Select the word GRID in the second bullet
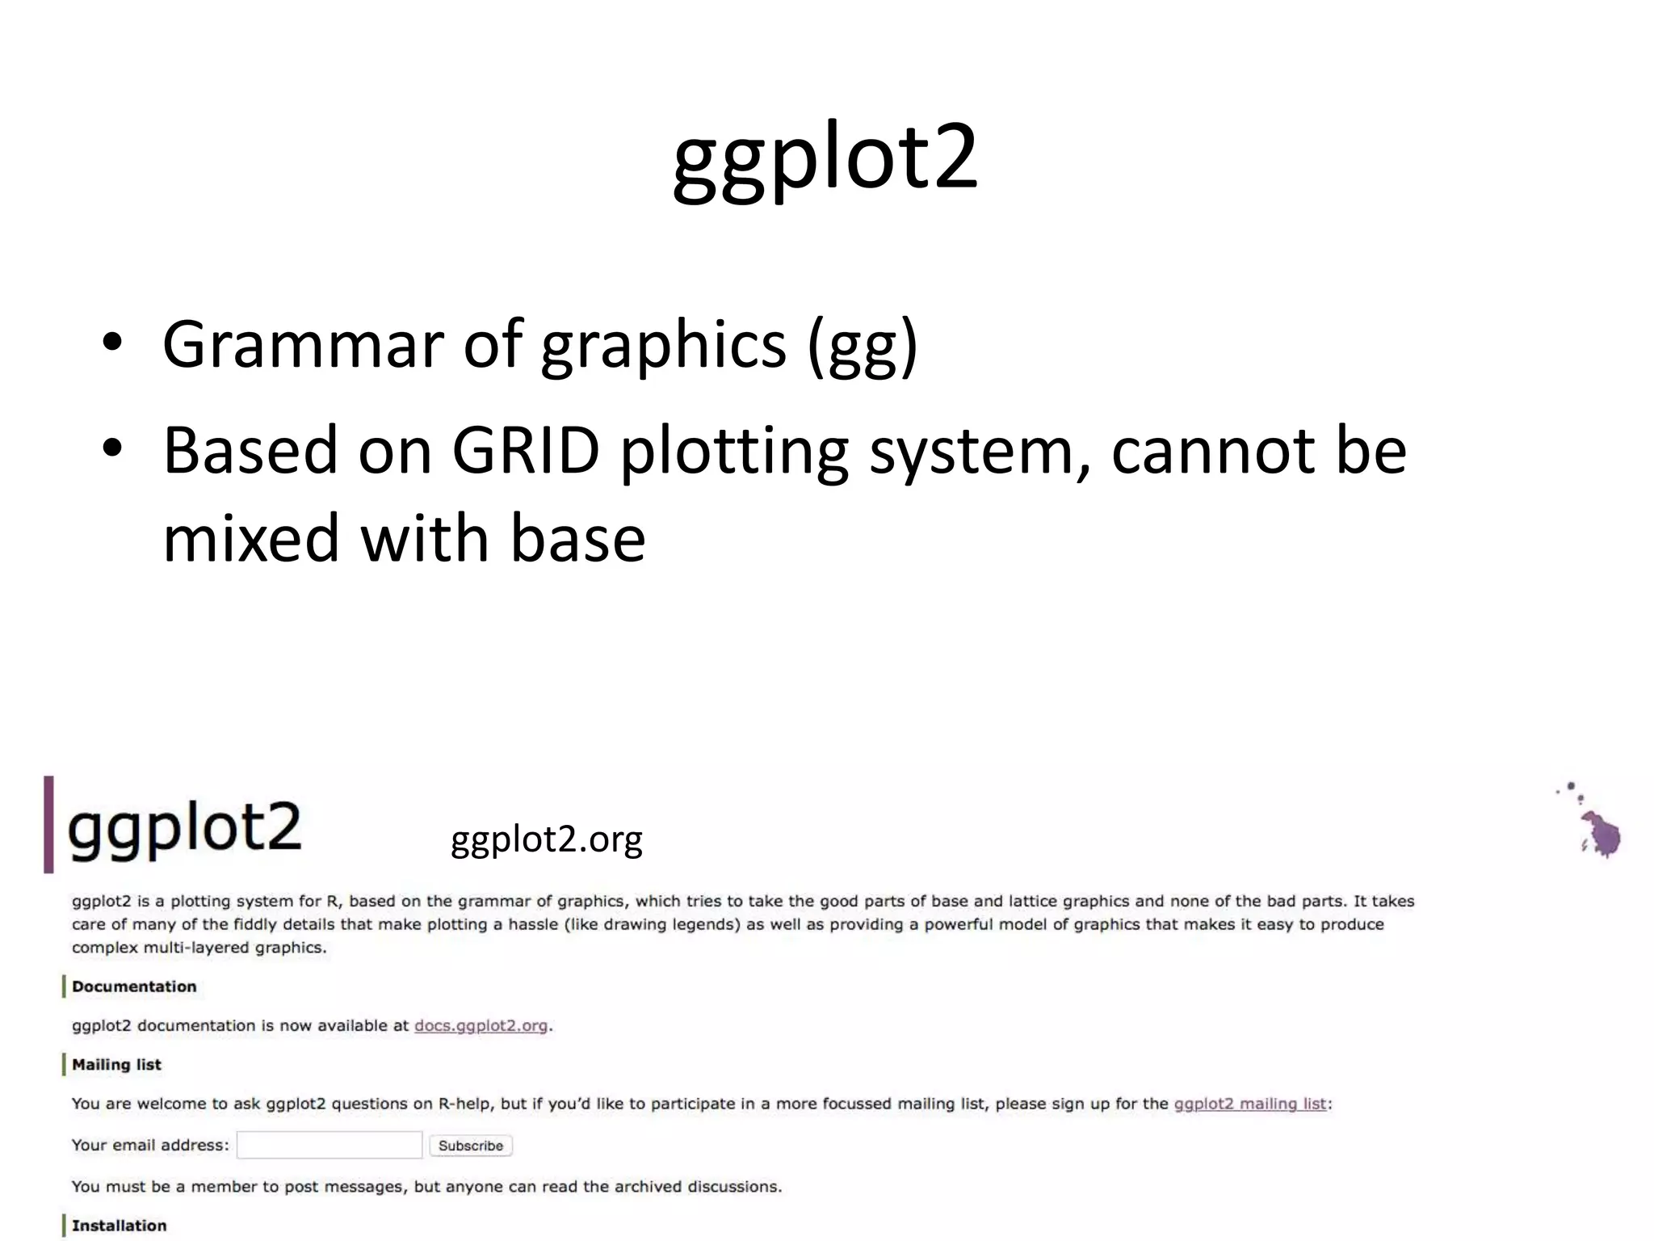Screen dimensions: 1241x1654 [526, 450]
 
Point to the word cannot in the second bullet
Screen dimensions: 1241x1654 [1212, 450]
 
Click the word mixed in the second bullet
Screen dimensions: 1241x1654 [251, 539]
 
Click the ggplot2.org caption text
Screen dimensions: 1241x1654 [546, 839]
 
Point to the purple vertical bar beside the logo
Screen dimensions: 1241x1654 [48, 824]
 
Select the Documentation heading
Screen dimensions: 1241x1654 [134, 986]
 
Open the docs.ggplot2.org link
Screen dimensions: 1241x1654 [481, 1026]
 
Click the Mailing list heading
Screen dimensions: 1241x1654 [116, 1065]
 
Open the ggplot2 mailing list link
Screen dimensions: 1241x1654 [1249, 1104]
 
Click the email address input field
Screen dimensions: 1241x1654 [330, 1145]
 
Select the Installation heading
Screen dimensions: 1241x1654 [119, 1226]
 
